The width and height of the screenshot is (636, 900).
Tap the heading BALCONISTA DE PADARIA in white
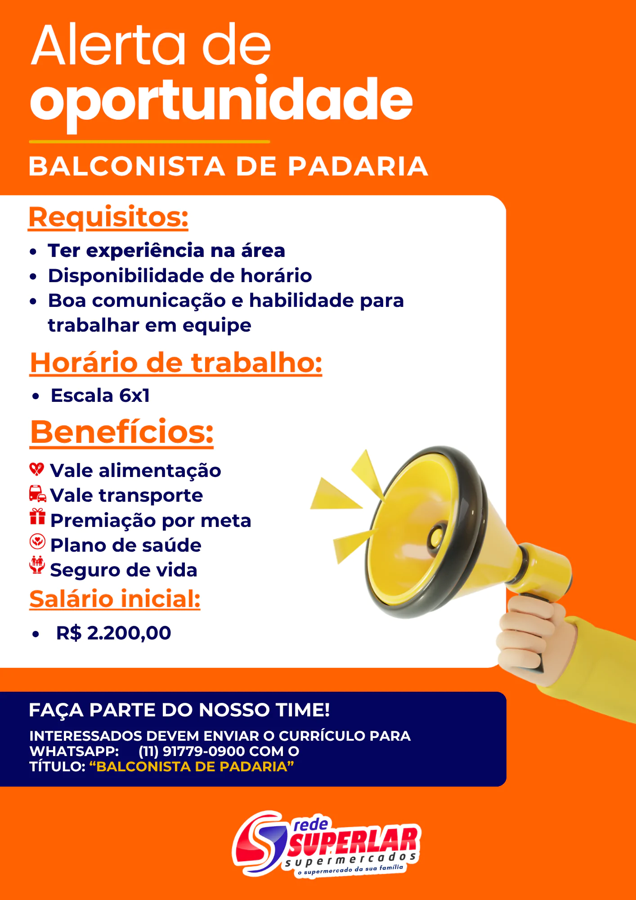click(x=228, y=166)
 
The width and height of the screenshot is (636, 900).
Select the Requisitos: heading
click(x=108, y=217)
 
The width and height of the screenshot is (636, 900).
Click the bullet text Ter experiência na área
click(x=166, y=251)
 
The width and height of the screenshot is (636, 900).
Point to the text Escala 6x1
click(x=100, y=396)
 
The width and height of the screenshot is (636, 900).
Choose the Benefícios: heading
click(x=122, y=432)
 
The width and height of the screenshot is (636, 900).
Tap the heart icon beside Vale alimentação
click(x=37, y=469)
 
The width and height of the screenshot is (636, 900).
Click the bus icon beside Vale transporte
click(x=37, y=494)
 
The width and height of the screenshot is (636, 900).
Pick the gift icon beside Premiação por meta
click(x=37, y=517)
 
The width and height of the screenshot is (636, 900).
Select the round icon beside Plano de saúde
click(x=37, y=541)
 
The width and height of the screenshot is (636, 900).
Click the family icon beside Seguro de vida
click(x=37, y=565)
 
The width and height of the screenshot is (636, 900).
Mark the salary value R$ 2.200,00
click(x=114, y=633)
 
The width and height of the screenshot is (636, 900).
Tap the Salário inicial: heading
click(x=115, y=599)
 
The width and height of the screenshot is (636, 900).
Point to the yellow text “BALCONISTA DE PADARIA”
click(x=192, y=766)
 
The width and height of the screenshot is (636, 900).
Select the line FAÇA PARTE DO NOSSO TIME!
click(x=179, y=710)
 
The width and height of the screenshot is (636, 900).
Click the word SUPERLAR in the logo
click(x=354, y=841)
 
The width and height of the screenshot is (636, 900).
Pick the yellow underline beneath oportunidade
click(x=149, y=142)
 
